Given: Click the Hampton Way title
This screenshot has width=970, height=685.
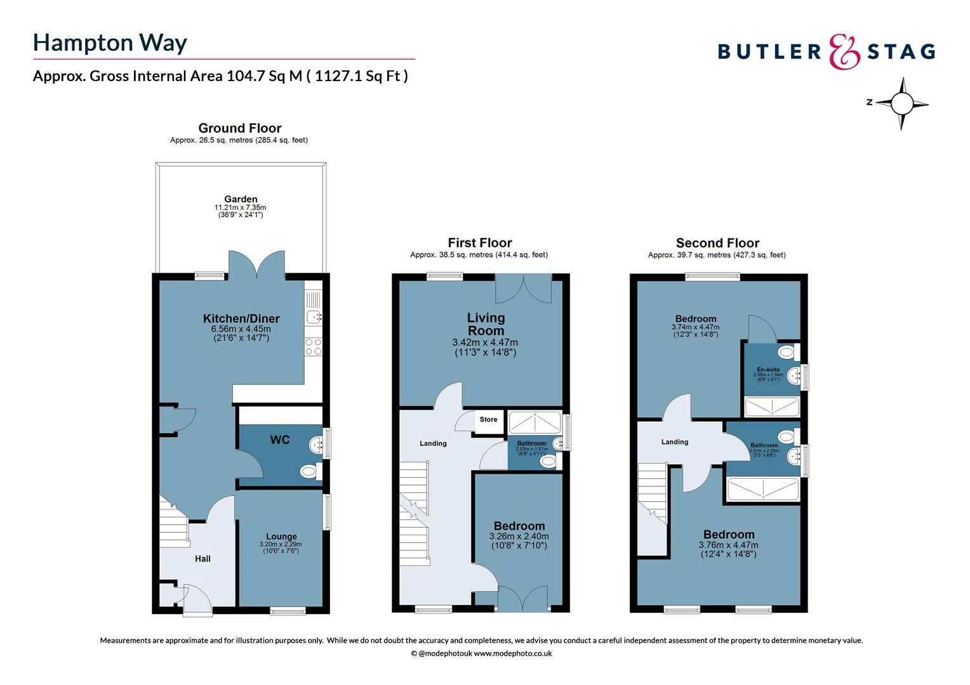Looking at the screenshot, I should click(x=110, y=42).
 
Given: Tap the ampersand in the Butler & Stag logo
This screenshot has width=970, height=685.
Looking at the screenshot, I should click(x=844, y=51).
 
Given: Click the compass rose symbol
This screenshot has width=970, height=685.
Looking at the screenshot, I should click(x=901, y=103).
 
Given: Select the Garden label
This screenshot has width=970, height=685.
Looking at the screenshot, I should click(x=241, y=199).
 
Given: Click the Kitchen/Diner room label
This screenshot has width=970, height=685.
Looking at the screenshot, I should click(x=241, y=318).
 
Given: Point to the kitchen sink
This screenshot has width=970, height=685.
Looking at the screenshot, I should click(x=314, y=316).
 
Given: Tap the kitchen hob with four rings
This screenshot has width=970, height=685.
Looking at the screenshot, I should click(x=314, y=346).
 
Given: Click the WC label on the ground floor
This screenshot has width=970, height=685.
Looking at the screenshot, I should click(x=280, y=440).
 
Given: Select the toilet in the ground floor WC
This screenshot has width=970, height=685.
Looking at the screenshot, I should click(x=309, y=471).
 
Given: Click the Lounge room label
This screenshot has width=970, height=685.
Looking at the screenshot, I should click(x=281, y=537).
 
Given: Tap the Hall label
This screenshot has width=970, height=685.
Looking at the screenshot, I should click(x=203, y=559).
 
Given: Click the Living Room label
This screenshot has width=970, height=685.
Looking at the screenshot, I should click(x=486, y=324).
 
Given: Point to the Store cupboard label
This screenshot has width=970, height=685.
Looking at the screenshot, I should click(x=488, y=419).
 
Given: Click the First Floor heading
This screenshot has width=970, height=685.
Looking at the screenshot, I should click(x=479, y=243).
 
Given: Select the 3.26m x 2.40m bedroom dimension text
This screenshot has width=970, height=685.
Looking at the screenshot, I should click(x=519, y=537).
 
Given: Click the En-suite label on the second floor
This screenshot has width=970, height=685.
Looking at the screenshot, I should click(x=768, y=369).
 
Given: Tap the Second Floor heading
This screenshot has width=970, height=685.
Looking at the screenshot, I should click(x=717, y=243).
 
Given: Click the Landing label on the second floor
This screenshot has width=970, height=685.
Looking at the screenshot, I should click(x=674, y=442).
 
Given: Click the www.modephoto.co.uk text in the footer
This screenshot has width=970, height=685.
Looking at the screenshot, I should click(x=513, y=653).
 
